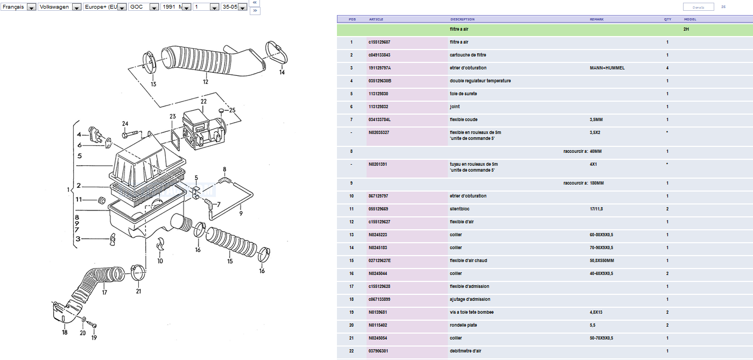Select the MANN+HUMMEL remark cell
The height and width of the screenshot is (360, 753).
click(x=607, y=68)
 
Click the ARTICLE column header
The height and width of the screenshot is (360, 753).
click(x=376, y=19)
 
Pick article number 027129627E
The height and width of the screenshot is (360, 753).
click(x=380, y=260)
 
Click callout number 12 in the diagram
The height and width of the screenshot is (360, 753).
click(x=205, y=82)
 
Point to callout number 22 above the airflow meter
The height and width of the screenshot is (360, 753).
click(x=203, y=101)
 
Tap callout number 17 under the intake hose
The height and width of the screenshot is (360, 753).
click(x=104, y=293)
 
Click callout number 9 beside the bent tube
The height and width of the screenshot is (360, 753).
click(x=241, y=213)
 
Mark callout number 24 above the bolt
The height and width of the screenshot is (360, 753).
click(x=125, y=123)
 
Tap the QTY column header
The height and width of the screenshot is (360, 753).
click(x=667, y=19)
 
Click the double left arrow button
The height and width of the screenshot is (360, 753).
click(x=255, y=3)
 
